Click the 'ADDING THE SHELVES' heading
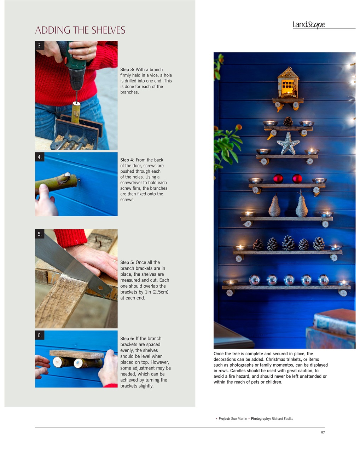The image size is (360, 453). coord(80,30)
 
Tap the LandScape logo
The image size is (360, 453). coord(309,24)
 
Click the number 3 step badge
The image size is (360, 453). coord(40,45)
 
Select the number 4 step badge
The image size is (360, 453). coord(40,157)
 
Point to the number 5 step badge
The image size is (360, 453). coord(40,234)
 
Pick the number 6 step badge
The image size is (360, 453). coord(40,335)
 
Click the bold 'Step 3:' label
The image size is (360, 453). coord(127,70)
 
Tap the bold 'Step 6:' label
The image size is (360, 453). coord(127,339)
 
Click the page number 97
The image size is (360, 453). coord(323,432)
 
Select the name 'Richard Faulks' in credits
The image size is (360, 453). coord(282,419)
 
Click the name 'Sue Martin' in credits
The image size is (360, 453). coord(239,419)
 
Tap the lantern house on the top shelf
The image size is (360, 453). coord(288,84)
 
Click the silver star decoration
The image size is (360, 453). coord(288,144)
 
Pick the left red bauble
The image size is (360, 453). coord(278,178)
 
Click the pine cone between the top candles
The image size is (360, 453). coord(288,121)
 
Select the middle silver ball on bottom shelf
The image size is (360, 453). coord(289,280)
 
